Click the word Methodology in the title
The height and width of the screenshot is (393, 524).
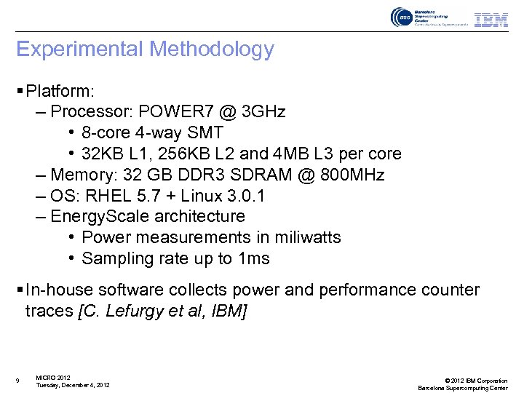(211, 49)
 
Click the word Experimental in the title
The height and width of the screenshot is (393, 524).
(80, 49)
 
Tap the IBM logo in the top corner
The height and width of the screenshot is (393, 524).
(491, 20)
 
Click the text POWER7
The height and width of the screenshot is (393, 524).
(173, 112)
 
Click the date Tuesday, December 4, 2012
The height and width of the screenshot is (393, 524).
(73, 385)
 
